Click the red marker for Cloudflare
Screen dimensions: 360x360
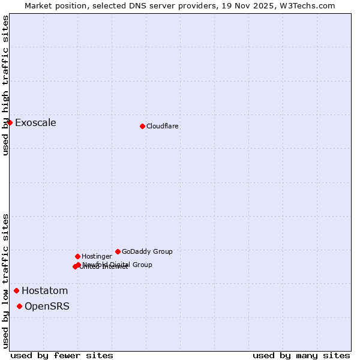coord(142,126)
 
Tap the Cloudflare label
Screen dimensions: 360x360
coord(162,127)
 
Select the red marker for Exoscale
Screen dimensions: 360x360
coord(10,123)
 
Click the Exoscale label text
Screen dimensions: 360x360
coord(35,123)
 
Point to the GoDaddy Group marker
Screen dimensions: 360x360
coord(118,251)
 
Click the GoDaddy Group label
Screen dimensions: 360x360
coord(147,252)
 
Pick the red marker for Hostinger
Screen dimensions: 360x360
coord(77,256)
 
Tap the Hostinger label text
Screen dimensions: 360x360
coord(97,257)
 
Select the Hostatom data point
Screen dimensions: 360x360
coord(17,291)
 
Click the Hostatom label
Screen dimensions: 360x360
coord(44,291)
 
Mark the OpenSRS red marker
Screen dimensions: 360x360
coord(20,307)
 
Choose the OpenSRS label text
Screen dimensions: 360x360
coord(47,307)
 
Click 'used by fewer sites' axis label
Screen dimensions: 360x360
coord(62,356)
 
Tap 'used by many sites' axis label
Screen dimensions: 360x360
coord(301,356)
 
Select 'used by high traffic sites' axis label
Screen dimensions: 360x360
coord(5,86)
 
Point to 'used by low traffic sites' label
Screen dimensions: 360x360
coord(5,281)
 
